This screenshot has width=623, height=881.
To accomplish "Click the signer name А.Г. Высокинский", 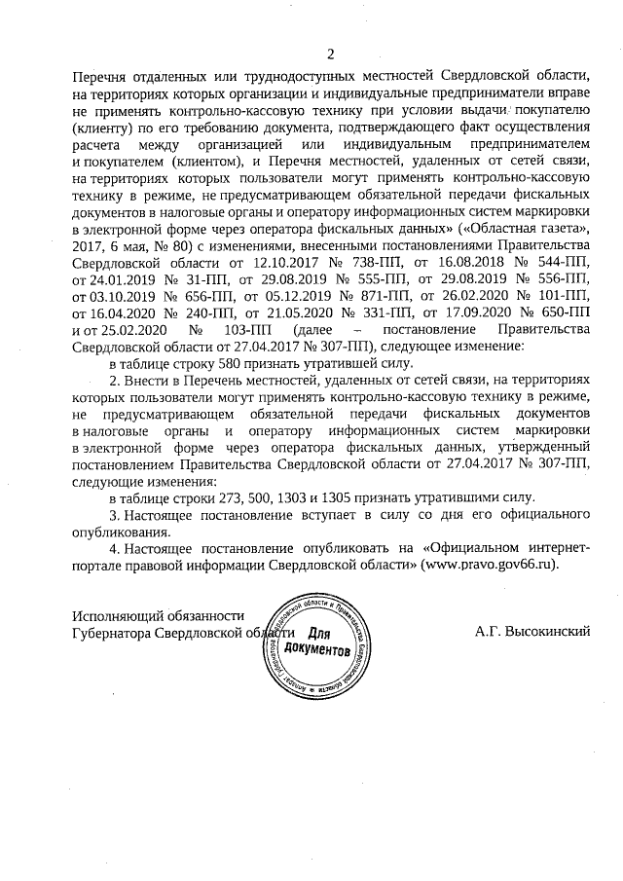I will click(533, 632).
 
